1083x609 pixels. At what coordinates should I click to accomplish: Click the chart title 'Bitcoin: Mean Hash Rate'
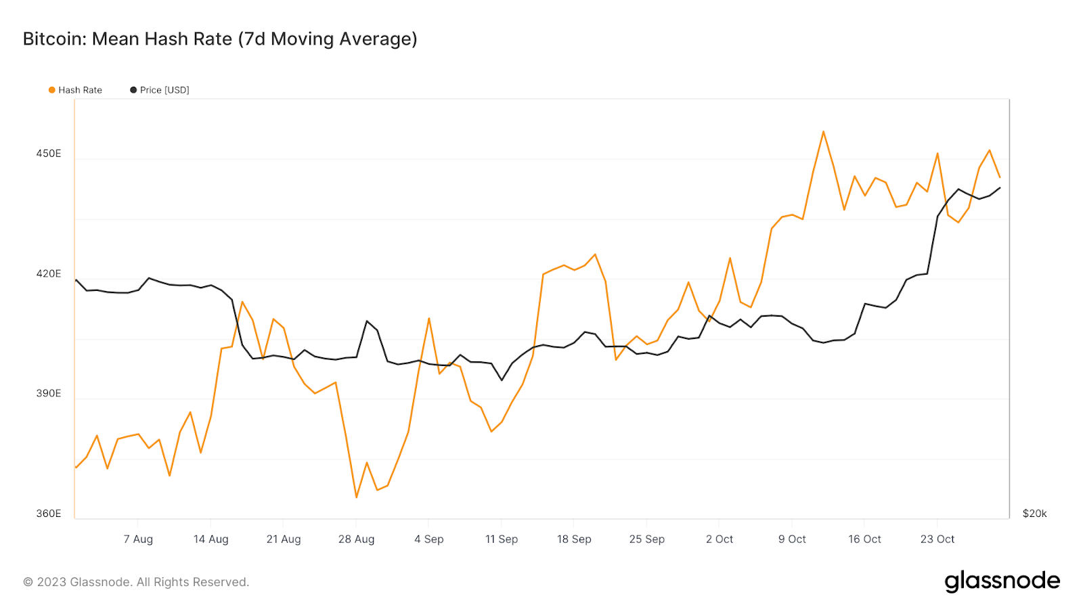[x=220, y=39]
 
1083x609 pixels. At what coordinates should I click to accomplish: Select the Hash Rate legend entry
[x=75, y=90]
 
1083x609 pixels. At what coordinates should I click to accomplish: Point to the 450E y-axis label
[x=49, y=154]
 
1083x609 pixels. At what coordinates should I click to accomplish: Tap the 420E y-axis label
[x=49, y=273]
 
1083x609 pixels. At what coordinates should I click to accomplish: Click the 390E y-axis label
[x=49, y=393]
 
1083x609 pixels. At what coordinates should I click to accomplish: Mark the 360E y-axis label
[x=49, y=514]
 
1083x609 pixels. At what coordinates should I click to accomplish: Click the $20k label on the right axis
[x=1034, y=514]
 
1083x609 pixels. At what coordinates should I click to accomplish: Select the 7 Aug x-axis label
[x=138, y=539]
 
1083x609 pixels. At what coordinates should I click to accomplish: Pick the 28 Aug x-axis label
[x=356, y=539]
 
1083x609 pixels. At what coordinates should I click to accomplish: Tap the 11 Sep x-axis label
[x=502, y=539]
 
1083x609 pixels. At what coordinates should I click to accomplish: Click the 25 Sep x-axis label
[x=647, y=539]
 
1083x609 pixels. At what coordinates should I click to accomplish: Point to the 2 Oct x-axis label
[x=720, y=539]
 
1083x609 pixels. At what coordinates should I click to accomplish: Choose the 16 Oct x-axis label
[x=864, y=539]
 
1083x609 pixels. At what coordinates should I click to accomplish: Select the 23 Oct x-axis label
[x=937, y=539]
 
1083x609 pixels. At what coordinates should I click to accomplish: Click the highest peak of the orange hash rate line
[x=823, y=131]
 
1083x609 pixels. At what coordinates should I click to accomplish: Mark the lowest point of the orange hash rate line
[x=356, y=497]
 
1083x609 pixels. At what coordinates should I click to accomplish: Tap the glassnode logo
[x=1002, y=581]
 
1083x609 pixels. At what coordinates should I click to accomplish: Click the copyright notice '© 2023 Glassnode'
[x=136, y=582]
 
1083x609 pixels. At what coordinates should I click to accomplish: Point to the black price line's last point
[x=1000, y=188]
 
